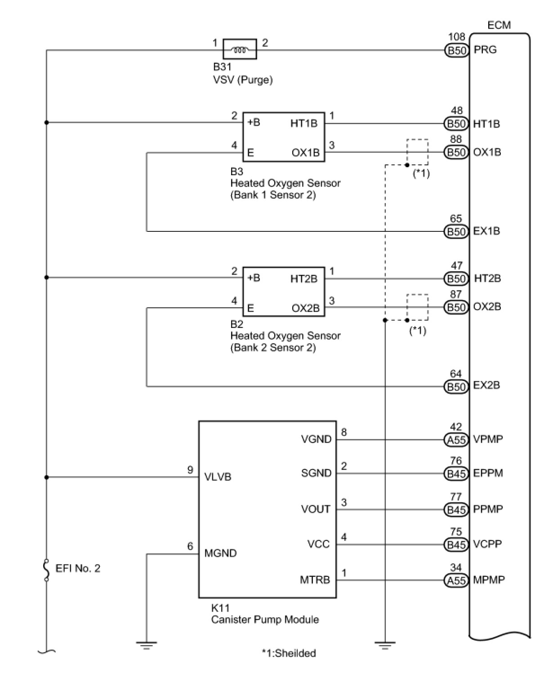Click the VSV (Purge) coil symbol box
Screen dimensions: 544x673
pos(240,49)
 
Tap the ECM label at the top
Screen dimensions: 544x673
pos(499,25)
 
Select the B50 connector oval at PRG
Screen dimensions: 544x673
pos(456,50)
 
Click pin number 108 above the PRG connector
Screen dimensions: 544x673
pos(456,37)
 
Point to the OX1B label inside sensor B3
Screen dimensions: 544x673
pos(305,153)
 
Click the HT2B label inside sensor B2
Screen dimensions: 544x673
pos(304,279)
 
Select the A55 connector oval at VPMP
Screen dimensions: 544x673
pos(456,439)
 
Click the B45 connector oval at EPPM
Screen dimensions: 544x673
pos(456,474)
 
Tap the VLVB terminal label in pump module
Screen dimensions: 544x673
pos(218,477)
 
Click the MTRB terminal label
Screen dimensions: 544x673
pos(315,580)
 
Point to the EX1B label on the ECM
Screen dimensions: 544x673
pos(486,231)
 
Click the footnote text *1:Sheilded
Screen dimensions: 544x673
pos(289,653)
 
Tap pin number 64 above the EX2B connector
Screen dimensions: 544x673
pos(456,374)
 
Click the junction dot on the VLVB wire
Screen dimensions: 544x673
pos(46,477)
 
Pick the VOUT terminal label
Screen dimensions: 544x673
pos(316,509)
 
